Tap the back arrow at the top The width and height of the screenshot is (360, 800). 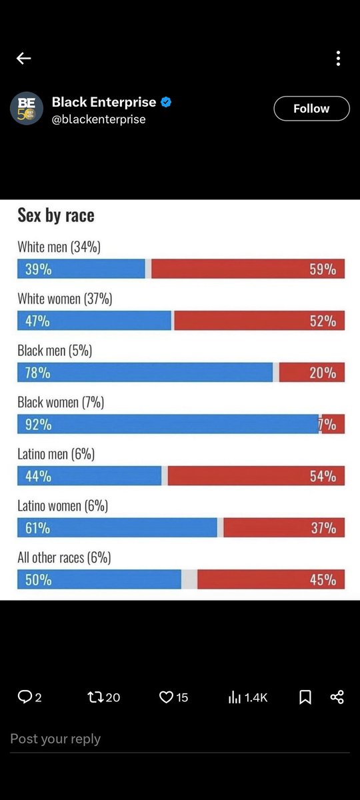[x=24, y=59]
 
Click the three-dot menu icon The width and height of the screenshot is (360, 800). [x=338, y=59]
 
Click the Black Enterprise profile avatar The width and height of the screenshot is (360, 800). [x=27, y=108]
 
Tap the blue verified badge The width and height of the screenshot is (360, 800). [x=167, y=102]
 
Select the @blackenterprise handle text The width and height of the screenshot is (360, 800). [x=99, y=119]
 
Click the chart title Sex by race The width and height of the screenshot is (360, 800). [x=56, y=215]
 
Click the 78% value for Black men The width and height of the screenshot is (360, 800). [x=38, y=373]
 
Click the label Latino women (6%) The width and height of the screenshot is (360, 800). [x=63, y=506]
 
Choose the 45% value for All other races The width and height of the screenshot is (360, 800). [x=323, y=579]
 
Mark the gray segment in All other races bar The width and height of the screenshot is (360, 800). [x=189, y=579]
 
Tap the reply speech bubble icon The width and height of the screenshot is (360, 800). [x=25, y=697]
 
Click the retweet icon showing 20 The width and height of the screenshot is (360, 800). [x=96, y=697]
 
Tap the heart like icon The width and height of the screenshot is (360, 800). [x=166, y=697]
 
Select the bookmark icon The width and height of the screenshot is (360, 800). [x=305, y=697]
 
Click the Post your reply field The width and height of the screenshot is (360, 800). [x=133, y=739]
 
